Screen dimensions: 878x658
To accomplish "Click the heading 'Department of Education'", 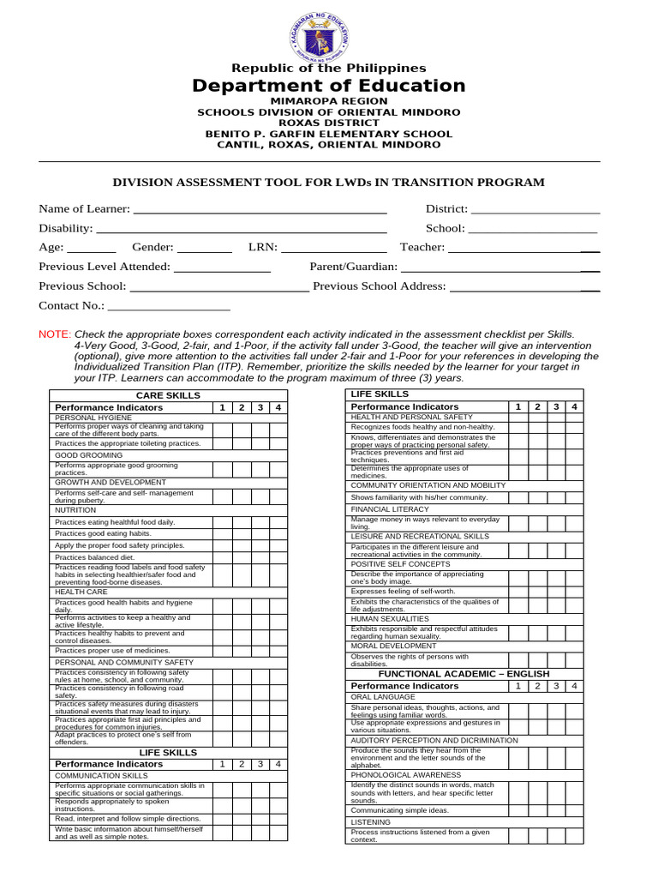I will [329, 86].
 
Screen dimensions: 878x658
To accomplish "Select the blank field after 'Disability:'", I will [241, 229].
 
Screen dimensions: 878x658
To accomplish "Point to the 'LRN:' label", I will [263, 248].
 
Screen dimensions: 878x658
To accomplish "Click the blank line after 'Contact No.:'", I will [169, 306].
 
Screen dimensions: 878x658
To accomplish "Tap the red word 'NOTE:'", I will [55, 334].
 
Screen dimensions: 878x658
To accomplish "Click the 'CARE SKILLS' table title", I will [168, 395].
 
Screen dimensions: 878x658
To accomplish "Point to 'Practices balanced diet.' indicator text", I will [94, 557].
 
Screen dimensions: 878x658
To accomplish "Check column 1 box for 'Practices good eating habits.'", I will [222, 533].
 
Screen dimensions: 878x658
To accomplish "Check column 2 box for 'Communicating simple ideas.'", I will [537, 810].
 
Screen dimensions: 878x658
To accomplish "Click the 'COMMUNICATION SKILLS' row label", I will [101, 775].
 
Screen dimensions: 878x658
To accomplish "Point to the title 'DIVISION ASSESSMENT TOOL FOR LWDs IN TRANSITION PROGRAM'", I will [329, 183].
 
